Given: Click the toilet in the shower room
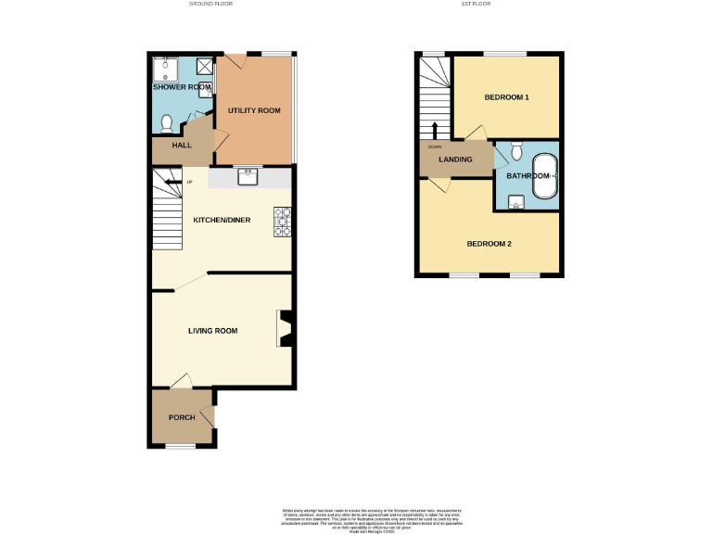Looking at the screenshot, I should coord(167,122).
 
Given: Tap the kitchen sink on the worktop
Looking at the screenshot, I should coord(248,176).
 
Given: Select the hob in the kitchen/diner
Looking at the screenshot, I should coord(283,222).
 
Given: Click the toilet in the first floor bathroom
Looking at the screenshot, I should coord(517,150).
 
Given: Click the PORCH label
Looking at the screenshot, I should coord(182,417).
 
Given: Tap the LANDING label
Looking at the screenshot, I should coord(455,159).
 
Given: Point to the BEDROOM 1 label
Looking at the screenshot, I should coord(507,97).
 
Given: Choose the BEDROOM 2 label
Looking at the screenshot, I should coord(489,244).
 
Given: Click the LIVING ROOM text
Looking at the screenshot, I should coord(213,331).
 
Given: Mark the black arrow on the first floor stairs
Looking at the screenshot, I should coord(433,130).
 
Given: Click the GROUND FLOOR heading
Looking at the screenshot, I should coord(210,5).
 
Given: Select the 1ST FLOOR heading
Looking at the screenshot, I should coord(477,5).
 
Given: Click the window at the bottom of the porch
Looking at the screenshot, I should coord(181,447).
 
